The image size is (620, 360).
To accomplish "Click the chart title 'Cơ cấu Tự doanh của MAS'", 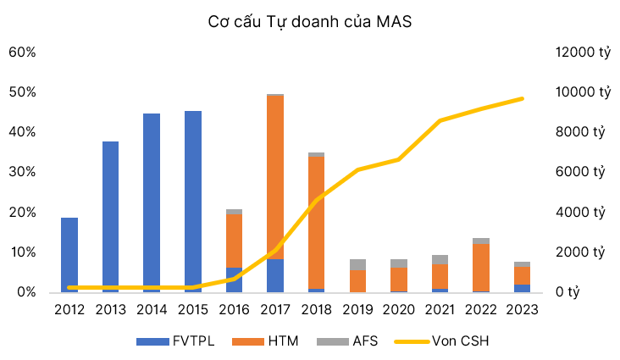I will tap(310, 21).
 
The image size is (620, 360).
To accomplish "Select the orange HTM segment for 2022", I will tap(481, 267).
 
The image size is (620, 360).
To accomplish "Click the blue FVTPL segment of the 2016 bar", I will tap(234, 280).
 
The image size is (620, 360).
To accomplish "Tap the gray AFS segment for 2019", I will tap(357, 264).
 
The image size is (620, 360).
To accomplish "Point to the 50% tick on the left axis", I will tap(22, 91).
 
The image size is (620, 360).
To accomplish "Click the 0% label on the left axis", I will tap(25, 292).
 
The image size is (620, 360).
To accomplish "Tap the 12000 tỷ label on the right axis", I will tap(582, 52).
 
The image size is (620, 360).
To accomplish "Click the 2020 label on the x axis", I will tap(398, 309).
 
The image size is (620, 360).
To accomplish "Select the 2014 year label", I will tap(152, 309).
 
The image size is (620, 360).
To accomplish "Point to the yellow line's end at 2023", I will tap(523, 98).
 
